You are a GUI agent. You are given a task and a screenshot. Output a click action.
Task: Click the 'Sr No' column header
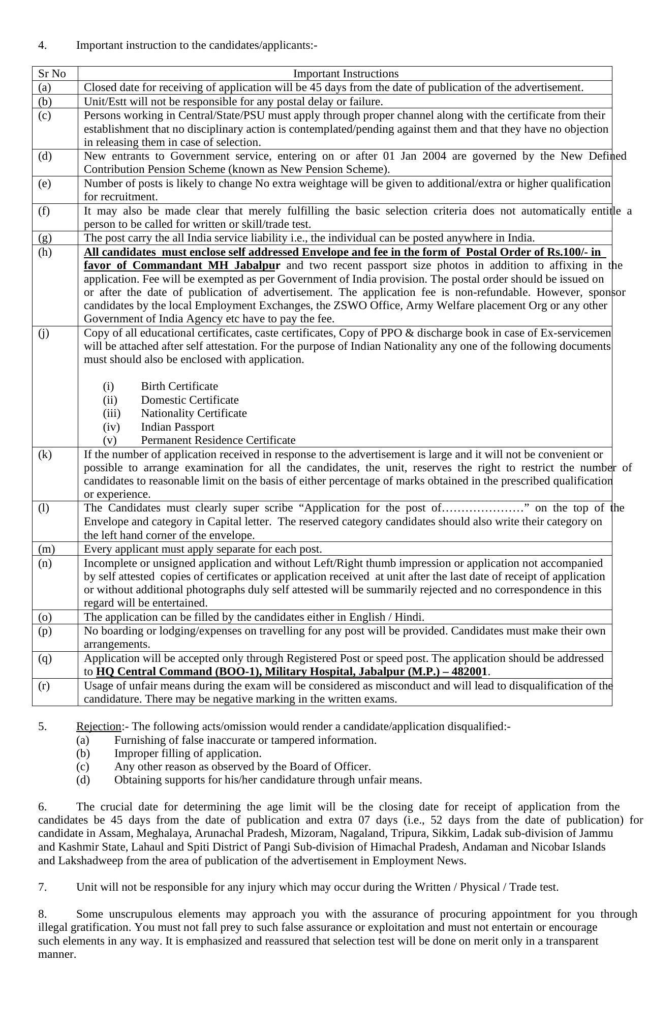(x=52, y=74)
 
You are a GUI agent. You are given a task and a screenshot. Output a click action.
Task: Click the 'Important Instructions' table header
(x=346, y=74)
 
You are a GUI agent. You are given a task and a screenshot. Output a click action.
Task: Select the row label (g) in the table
(x=45, y=238)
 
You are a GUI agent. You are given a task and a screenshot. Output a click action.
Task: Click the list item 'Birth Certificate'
(x=179, y=386)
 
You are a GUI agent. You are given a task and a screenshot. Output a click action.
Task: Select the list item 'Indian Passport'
(x=177, y=427)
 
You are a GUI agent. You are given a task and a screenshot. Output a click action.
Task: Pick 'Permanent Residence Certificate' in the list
(x=218, y=440)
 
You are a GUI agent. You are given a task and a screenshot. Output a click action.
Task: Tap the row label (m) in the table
(x=46, y=549)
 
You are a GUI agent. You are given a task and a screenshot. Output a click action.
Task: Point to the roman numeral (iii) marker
(x=111, y=413)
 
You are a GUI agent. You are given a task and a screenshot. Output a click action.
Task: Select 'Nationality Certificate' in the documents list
(x=194, y=413)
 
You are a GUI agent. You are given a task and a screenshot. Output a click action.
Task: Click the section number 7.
(x=42, y=887)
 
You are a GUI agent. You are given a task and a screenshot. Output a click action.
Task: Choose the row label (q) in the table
(x=45, y=658)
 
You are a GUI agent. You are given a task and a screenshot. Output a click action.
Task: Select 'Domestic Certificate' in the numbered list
(x=190, y=400)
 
